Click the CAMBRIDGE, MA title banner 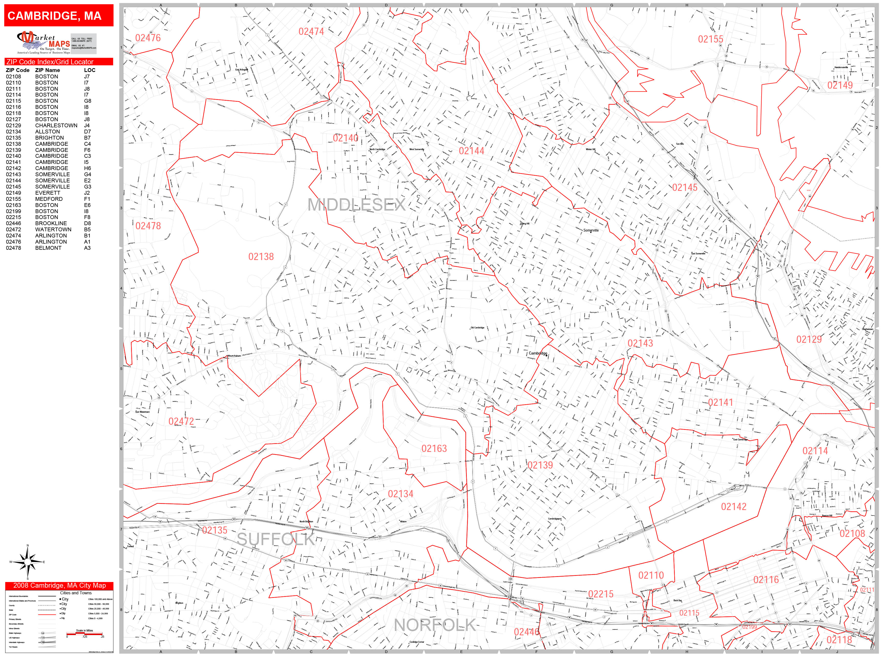[58, 16]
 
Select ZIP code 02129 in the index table [13, 125]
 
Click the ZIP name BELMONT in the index [48, 248]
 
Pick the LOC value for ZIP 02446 [87, 223]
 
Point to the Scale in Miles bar [85, 633]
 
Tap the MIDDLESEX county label [356, 205]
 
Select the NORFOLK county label [435, 625]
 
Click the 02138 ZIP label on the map [261, 256]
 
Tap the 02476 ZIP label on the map [148, 38]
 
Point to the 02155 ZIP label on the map [711, 39]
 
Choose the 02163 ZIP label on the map [434, 449]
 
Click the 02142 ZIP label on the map [733, 507]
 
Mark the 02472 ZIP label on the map [181, 421]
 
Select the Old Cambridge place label [477, 327]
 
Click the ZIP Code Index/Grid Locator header [50, 62]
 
